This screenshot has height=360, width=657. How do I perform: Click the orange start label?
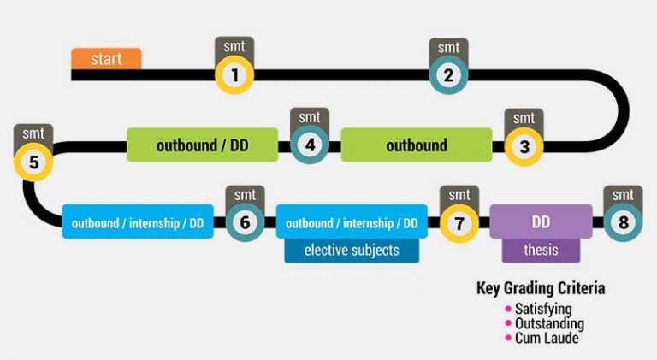pos(106,59)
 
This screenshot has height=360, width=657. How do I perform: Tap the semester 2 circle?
pos(448,75)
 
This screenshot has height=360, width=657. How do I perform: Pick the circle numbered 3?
pos(524,146)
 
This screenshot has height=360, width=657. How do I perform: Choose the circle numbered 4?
pos(310,145)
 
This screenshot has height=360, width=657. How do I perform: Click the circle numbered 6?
pos(245,223)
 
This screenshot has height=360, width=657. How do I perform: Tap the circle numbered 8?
pos(622,223)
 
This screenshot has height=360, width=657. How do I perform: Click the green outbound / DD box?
pos(202,145)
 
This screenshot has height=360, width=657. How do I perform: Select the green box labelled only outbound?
pos(417,145)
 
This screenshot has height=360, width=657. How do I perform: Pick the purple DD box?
pos(541,222)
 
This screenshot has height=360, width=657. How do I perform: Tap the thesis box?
pos(541,250)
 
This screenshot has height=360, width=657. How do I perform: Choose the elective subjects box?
pos(351,251)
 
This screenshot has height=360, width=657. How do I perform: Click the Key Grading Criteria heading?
pos(541,288)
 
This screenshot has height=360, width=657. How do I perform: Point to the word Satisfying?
pos(543,309)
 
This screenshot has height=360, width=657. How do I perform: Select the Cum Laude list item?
pos(547,338)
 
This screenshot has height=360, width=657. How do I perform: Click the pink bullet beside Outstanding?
pos(506,323)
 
